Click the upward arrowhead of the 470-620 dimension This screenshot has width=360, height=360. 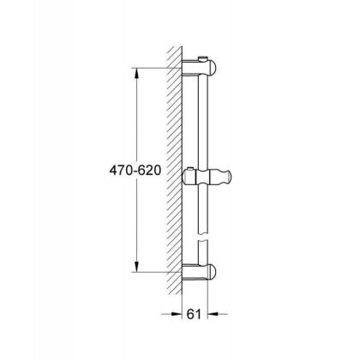(134, 73)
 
